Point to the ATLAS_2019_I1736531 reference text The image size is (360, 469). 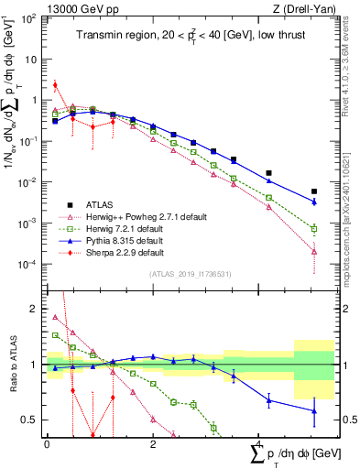(x=182, y=274)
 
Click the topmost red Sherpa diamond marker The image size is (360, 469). (x=55, y=85)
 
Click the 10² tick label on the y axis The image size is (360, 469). (x=27, y=17)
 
